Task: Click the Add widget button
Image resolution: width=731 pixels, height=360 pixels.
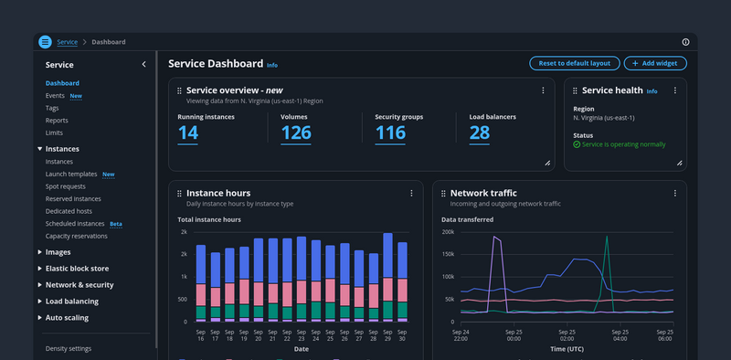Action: click(655, 63)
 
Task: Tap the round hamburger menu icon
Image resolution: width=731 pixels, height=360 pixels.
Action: click(45, 42)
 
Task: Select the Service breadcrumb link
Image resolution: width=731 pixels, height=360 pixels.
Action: click(67, 42)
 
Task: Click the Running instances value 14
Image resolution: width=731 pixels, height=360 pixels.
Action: click(188, 132)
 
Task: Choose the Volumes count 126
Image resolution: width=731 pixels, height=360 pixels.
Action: click(296, 132)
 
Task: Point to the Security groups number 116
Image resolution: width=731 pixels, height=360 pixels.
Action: click(390, 132)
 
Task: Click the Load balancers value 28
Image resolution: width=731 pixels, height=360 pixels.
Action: click(479, 132)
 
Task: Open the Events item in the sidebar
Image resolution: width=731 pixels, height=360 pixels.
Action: click(55, 96)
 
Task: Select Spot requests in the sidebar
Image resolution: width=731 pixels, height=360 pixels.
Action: click(65, 186)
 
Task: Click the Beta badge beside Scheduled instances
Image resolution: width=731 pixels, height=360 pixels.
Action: click(116, 224)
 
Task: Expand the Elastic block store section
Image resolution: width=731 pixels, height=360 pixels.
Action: click(77, 269)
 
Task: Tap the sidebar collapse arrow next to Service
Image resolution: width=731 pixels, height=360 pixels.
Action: click(143, 64)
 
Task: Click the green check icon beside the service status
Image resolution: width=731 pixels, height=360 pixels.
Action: click(577, 144)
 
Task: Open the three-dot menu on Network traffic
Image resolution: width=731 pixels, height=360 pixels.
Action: click(674, 193)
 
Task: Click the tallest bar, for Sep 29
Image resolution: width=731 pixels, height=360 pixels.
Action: click(387, 278)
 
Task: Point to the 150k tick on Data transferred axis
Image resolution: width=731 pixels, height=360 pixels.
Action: click(448, 254)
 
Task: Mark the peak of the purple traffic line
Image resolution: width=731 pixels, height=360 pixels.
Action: click(493, 237)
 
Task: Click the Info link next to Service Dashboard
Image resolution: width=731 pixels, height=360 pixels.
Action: click(272, 65)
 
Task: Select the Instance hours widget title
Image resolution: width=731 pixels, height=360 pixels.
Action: click(218, 193)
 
